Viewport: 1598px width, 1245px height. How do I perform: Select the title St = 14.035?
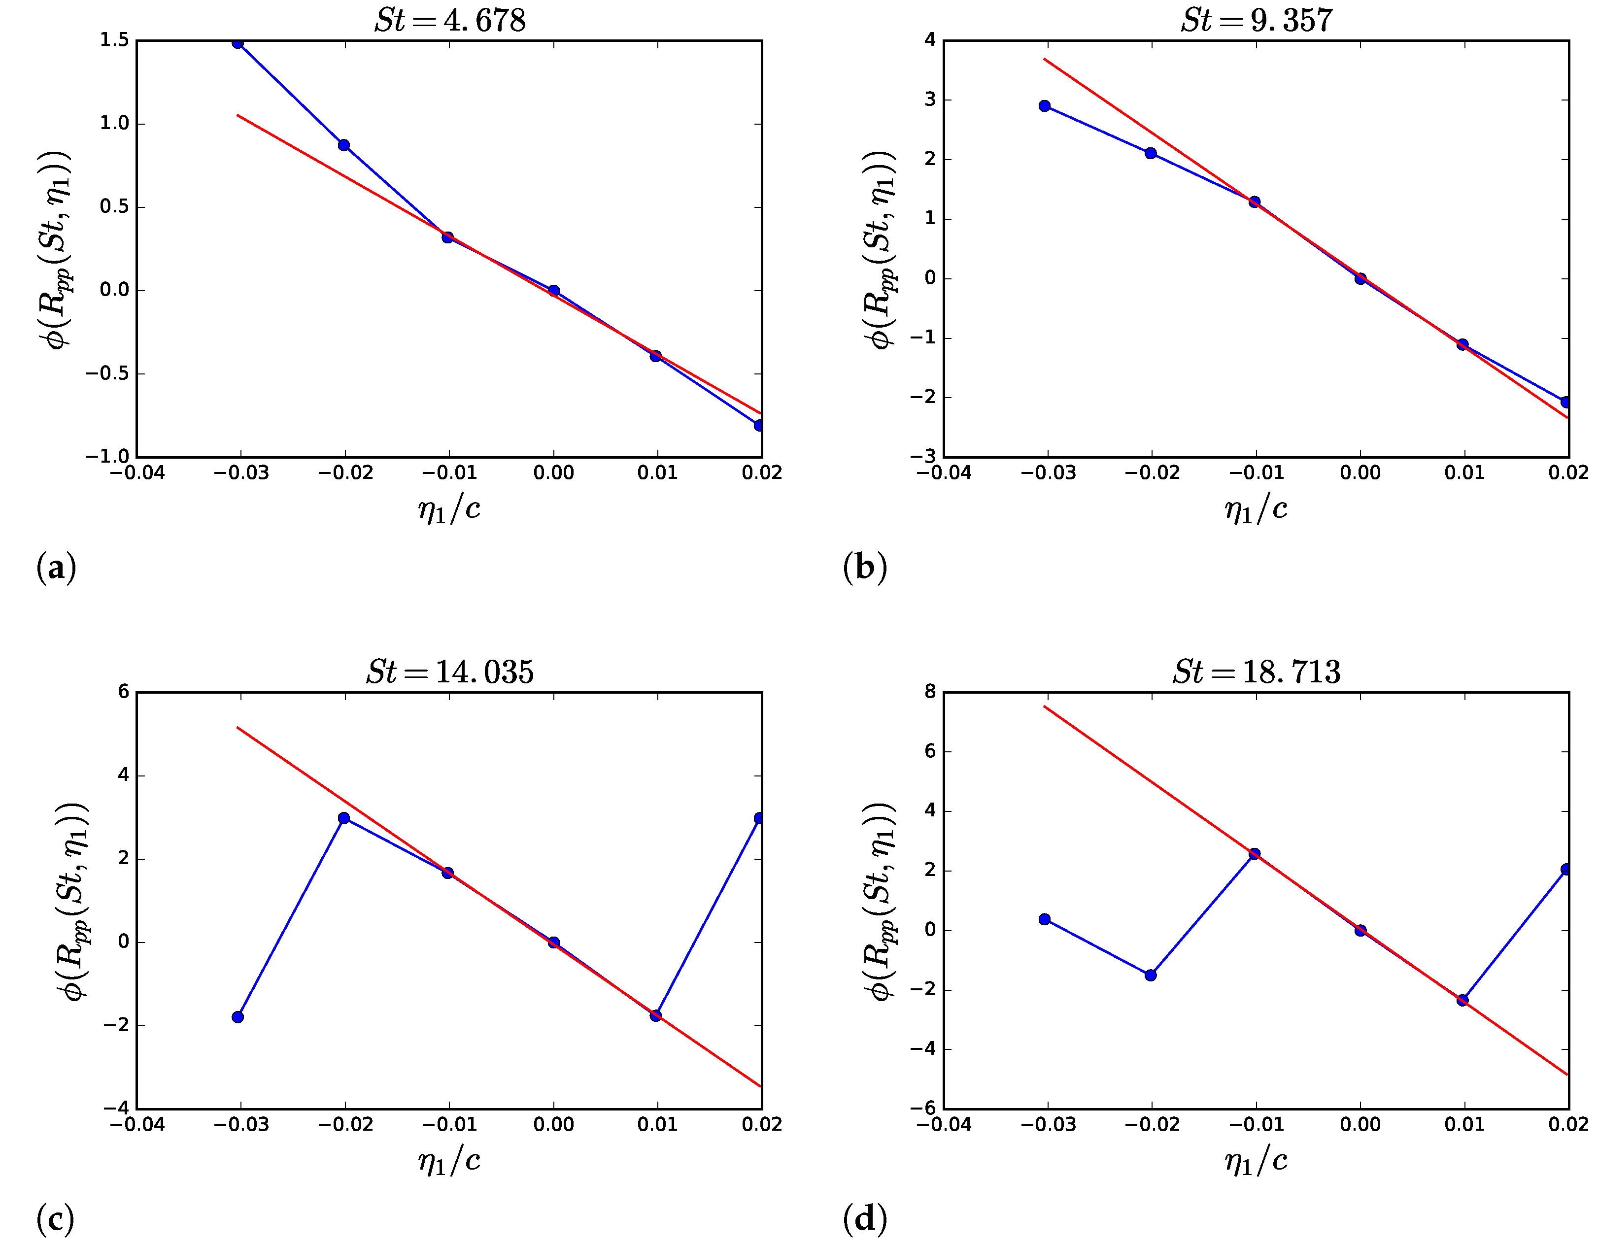click(x=449, y=672)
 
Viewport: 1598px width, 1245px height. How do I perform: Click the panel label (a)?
click(x=56, y=568)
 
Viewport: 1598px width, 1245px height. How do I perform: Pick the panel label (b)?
click(x=864, y=568)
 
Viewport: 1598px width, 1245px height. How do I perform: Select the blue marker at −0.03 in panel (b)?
click(x=1045, y=106)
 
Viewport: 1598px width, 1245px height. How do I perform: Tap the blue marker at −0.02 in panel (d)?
click(x=1150, y=975)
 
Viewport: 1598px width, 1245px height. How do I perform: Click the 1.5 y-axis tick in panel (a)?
click(x=115, y=40)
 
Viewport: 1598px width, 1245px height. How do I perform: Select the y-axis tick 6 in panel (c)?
click(x=123, y=692)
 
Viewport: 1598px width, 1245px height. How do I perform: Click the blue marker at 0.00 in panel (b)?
click(x=1360, y=279)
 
